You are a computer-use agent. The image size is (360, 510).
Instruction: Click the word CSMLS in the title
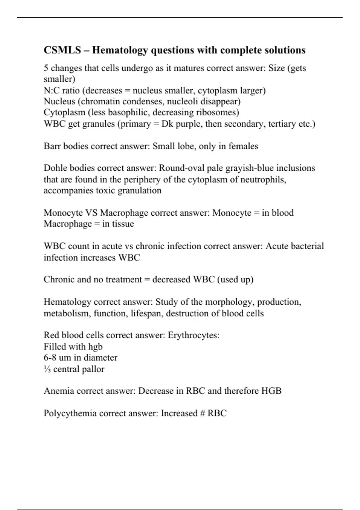pos(62,50)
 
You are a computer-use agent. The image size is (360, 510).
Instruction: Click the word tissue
pos(123,224)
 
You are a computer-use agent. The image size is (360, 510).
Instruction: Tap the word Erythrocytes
pos(193,335)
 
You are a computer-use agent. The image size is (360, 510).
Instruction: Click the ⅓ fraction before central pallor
pos(47,369)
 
